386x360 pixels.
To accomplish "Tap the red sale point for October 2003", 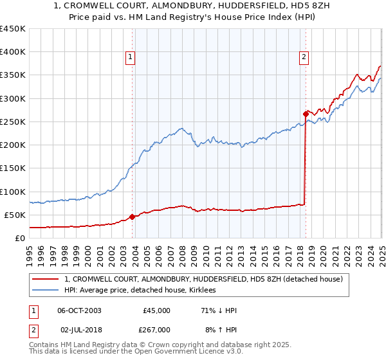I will pos(132,217).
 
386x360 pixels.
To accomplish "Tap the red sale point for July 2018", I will pos(305,114).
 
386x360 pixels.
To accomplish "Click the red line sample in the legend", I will pos(46,280).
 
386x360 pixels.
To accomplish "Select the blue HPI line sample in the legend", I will pos(46,291).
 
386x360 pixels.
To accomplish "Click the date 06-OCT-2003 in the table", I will pos(79,310).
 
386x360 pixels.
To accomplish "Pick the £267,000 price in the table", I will pos(156,330).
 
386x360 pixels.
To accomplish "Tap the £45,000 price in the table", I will pos(156,310).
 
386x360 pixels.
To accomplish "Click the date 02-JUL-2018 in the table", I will pos(78,330).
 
